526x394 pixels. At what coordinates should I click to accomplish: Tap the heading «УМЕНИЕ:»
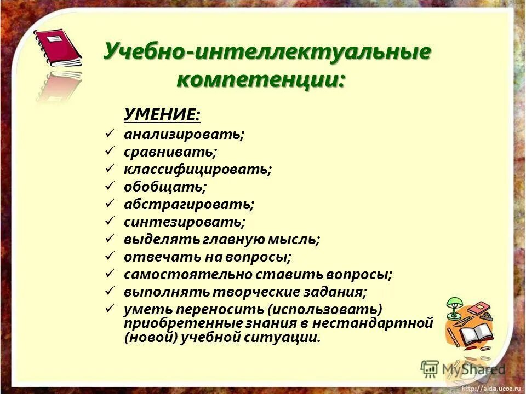tap(162, 114)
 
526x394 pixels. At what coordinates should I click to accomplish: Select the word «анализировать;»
tap(184, 134)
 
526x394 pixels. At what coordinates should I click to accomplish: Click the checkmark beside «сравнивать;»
tap(109, 150)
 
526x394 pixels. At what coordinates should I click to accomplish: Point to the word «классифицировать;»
tap(197, 169)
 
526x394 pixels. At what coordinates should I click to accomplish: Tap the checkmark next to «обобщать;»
tap(109, 186)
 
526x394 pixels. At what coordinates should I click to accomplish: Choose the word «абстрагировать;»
tap(189, 204)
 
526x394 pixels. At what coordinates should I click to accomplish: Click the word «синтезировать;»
tap(184, 222)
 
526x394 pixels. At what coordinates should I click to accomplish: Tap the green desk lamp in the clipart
tap(454, 308)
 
